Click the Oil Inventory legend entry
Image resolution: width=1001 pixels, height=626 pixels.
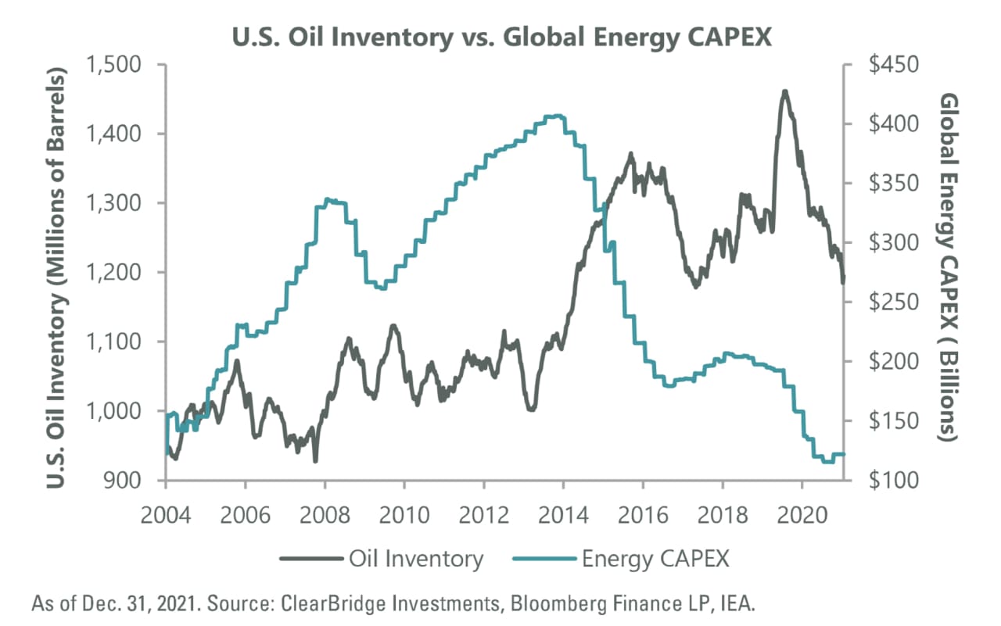tap(383, 559)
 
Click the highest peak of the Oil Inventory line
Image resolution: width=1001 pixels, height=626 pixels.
tap(784, 91)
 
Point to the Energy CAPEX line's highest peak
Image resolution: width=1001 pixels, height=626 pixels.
tap(554, 116)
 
